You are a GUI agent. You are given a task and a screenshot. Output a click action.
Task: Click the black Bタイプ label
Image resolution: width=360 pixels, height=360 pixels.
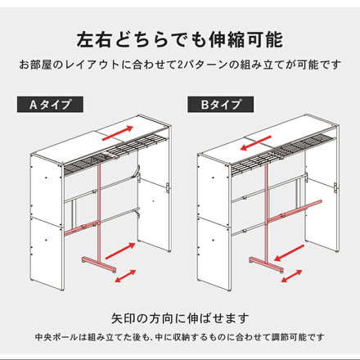[x=220, y=105]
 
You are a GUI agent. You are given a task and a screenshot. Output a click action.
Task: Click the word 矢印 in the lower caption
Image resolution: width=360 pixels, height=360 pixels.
[x=124, y=317]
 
